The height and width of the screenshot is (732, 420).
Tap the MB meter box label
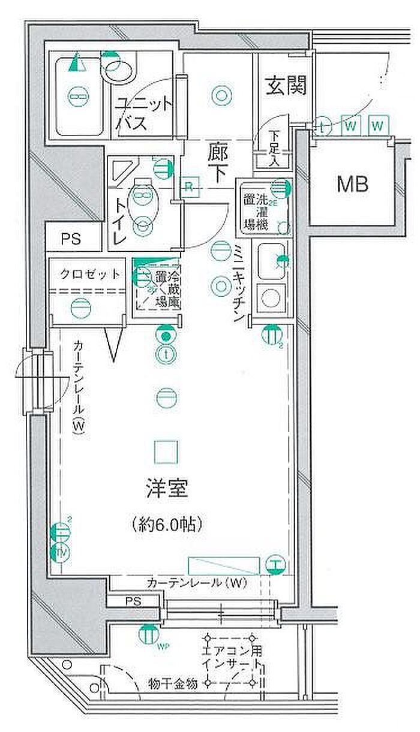point(352,184)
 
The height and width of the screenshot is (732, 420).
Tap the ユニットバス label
point(145,114)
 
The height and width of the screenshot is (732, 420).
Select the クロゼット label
point(89,275)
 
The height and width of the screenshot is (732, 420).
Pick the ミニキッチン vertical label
point(238,284)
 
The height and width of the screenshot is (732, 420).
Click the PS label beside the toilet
point(70,239)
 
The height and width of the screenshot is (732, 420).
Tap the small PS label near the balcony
point(133,601)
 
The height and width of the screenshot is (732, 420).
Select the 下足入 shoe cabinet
point(274,147)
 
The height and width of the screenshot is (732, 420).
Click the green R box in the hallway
point(188,185)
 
